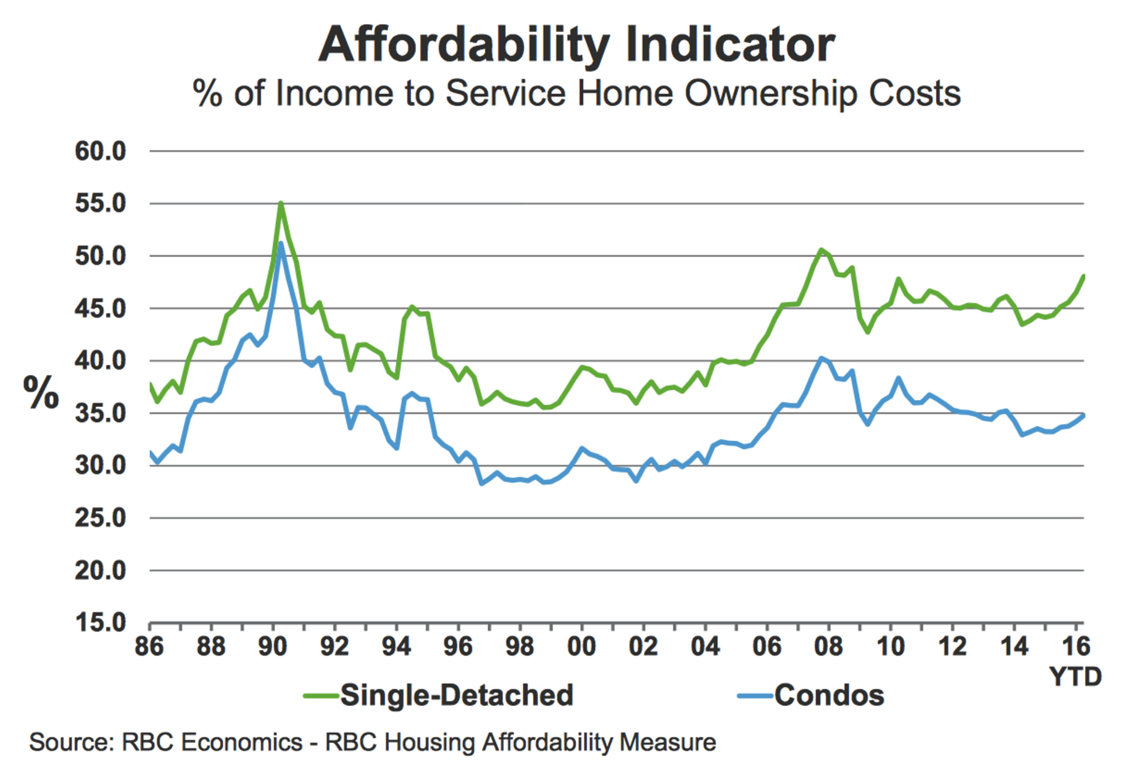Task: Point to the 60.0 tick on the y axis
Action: point(101,151)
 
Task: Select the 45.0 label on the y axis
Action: point(101,309)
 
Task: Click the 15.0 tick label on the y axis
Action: point(101,622)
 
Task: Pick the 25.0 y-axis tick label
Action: point(101,517)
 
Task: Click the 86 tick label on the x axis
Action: point(149,646)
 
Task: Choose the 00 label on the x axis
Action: point(581,646)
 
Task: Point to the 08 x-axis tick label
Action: point(828,646)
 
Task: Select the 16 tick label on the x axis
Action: point(1075,646)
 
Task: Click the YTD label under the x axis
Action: point(1075,677)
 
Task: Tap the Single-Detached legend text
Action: point(457,695)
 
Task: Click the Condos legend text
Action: point(829,695)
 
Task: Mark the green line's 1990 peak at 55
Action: point(281,203)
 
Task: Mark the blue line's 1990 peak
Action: point(281,243)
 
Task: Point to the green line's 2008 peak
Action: point(821,249)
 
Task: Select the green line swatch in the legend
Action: point(321,696)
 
